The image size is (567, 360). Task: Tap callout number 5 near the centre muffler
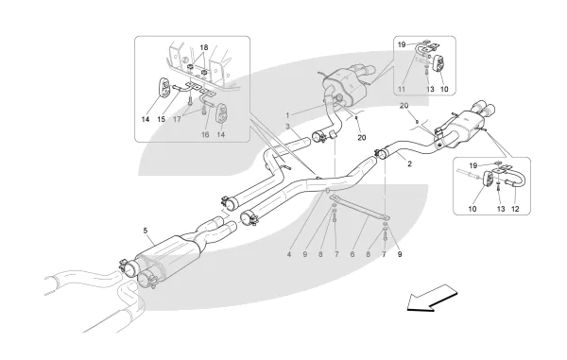click(146, 231)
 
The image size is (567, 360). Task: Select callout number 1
click(288, 115)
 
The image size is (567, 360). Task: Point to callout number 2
click(409, 163)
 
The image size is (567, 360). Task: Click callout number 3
click(288, 127)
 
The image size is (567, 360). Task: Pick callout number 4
click(289, 254)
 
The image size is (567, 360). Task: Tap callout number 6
click(352, 254)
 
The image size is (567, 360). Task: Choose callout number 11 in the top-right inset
click(402, 89)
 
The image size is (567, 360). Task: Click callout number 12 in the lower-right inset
click(515, 209)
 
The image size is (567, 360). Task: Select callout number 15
click(162, 119)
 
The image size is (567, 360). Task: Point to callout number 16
click(205, 134)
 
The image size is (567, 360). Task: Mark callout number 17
click(177, 119)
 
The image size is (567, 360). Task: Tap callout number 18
click(204, 47)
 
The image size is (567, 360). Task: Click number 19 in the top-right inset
click(402, 44)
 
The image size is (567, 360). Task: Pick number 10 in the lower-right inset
click(472, 209)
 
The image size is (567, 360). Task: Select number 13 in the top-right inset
click(430, 89)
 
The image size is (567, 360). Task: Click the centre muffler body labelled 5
click(168, 255)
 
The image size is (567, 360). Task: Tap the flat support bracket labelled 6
click(360, 209)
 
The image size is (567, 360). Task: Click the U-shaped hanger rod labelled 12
click(518, 178)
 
